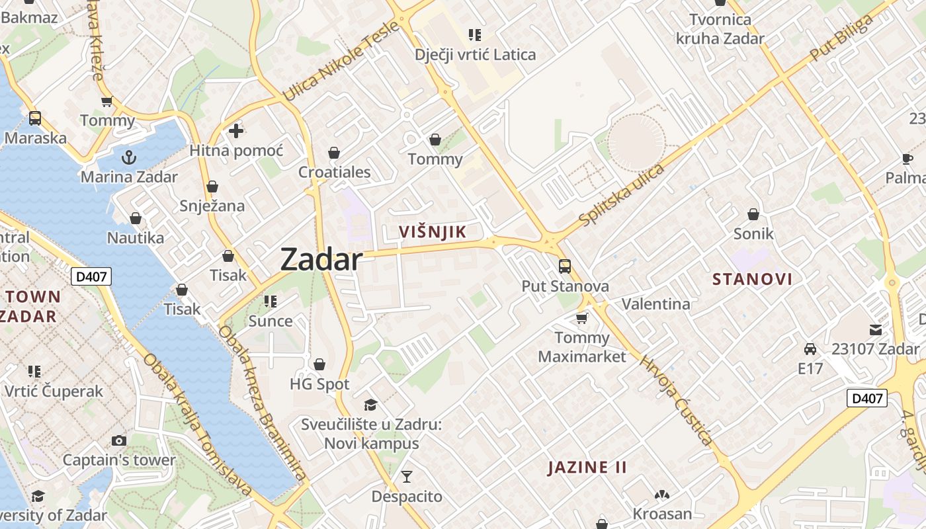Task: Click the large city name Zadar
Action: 321,259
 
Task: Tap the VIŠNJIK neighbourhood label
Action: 433,231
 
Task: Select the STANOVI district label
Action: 752,279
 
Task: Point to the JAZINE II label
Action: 587,468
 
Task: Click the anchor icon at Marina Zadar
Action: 129,157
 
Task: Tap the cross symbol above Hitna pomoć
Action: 236,131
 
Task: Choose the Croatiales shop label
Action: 334,173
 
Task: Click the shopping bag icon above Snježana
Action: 212,187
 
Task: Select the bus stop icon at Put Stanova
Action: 565,266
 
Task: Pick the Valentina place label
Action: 655,304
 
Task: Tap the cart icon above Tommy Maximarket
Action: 582,319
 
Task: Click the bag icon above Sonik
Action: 753,214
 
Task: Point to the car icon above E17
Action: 810,348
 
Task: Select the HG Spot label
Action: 319,384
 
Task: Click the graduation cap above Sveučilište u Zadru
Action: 370,405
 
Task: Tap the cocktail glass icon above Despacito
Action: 407,476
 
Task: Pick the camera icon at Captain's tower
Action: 119,440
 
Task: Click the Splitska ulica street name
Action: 621,194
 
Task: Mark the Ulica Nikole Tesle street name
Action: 342,61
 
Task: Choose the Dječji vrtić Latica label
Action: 475,54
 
